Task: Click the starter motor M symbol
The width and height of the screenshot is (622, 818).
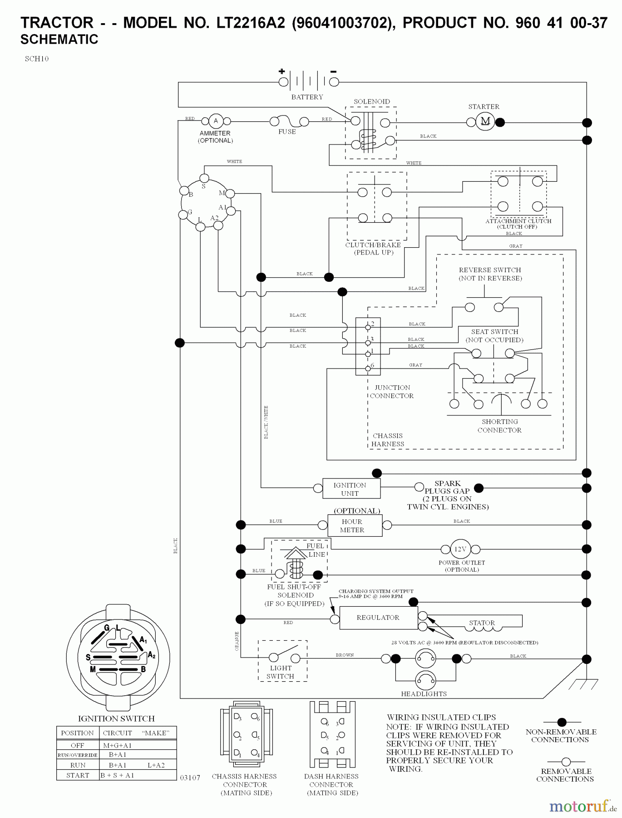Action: tap(485, 121)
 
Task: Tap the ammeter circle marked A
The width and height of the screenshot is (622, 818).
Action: tap(216, 121)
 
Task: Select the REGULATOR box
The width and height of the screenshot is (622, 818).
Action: tap(378, 618)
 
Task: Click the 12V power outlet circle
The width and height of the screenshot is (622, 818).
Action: tap(460, 549)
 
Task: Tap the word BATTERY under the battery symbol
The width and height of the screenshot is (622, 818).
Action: tap(307, 97)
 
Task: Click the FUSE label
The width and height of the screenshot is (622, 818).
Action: tap(287, 132)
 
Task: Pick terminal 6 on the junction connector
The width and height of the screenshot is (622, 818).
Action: tap(368, 368)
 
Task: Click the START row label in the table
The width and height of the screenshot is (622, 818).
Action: tap(78, 775)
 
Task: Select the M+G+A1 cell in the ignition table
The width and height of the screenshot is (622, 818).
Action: tap(117, 745)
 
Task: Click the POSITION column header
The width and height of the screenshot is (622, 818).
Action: tap(77, 733)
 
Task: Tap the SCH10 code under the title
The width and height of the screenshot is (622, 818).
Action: tap(37, 59)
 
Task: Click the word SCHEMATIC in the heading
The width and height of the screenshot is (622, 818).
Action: tap(59, 40)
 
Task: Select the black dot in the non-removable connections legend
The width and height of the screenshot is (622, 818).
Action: tap(562, 722)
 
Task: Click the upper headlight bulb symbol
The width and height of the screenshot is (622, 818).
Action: tap(425, 658)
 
